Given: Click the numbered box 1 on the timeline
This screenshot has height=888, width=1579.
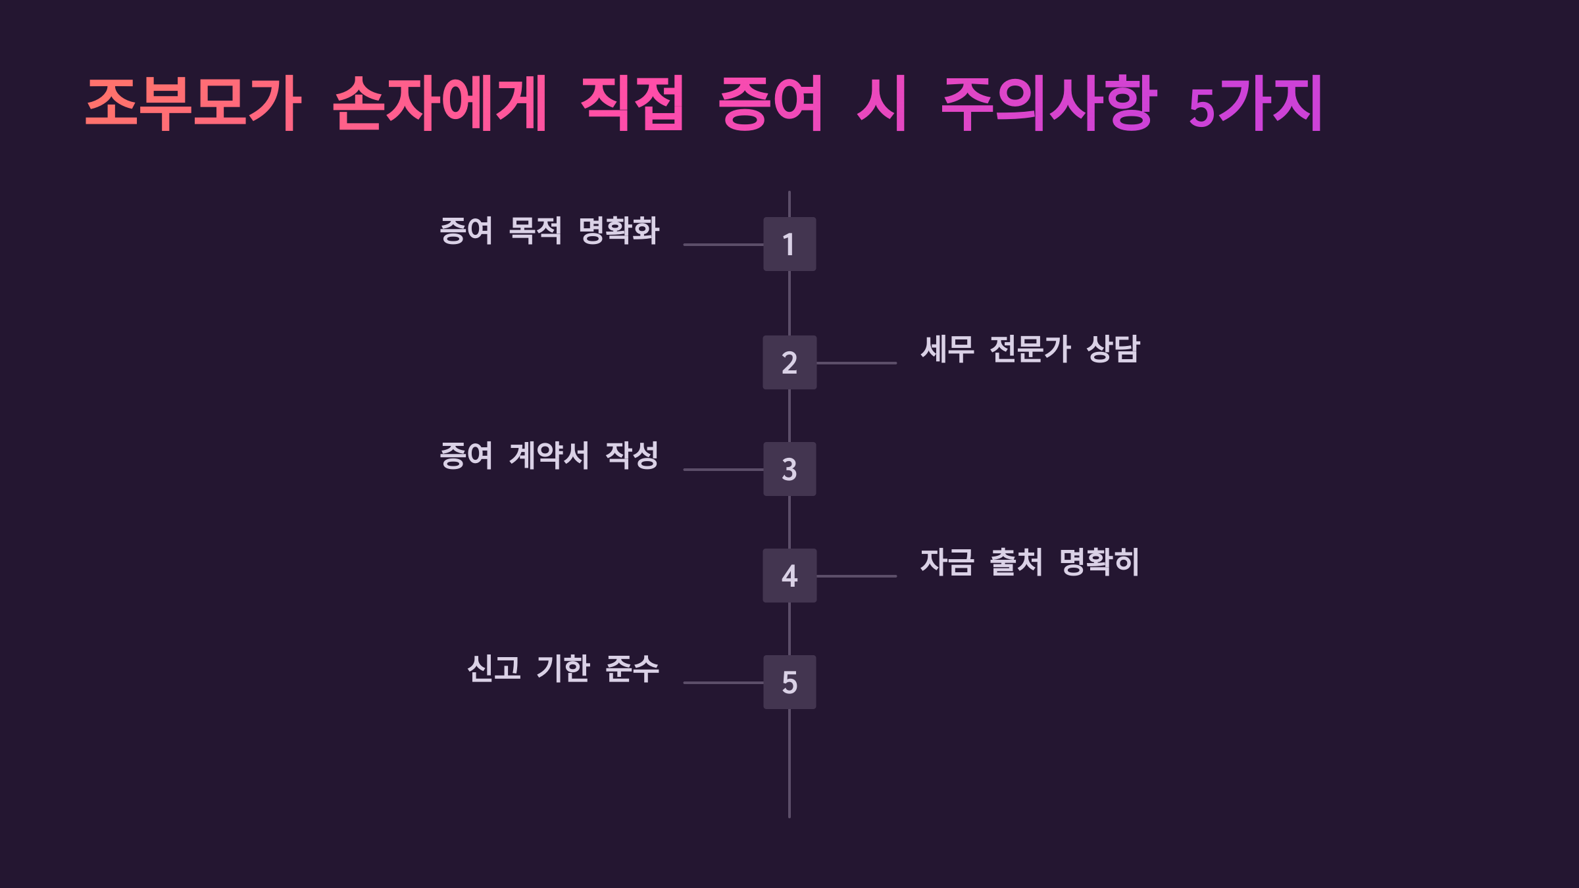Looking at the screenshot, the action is coord(789,244).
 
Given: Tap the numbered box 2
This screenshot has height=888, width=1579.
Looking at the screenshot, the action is coord(789,362).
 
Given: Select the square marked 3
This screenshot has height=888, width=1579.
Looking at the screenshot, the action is coord(789,469).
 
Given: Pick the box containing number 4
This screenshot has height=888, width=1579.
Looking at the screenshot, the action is coord(789,576).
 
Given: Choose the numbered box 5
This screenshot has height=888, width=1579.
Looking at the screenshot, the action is coord(789,682).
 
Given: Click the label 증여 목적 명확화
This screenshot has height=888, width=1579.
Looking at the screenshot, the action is coord(549,231).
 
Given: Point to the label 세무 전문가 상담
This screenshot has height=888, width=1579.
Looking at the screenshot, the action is coord(1030,349).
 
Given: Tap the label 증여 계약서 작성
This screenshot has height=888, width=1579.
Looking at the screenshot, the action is coord(549,456).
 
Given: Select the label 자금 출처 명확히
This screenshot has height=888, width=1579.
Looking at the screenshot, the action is coord(1030,562).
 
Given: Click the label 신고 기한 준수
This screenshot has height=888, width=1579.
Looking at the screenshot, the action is coord(563,669).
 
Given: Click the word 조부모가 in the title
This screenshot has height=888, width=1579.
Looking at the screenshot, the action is coord(193,103).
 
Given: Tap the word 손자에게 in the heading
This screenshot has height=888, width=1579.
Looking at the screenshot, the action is coord(439,103).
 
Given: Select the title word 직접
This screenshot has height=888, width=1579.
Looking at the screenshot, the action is coord(632,103).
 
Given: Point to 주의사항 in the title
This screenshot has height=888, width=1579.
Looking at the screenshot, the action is coord(1049,103).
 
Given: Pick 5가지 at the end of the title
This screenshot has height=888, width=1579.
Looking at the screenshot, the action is coord(1255,105).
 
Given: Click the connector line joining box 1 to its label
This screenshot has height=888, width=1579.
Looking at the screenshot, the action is coord(723,245).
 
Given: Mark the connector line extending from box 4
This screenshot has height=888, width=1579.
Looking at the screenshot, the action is coord(856,576).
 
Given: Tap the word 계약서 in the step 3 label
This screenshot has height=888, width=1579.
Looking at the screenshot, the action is coord(549,456).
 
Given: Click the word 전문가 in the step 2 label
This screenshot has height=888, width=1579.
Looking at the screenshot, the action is coord(1030,349).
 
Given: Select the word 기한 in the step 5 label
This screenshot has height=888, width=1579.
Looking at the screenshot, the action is coord(563,669).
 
